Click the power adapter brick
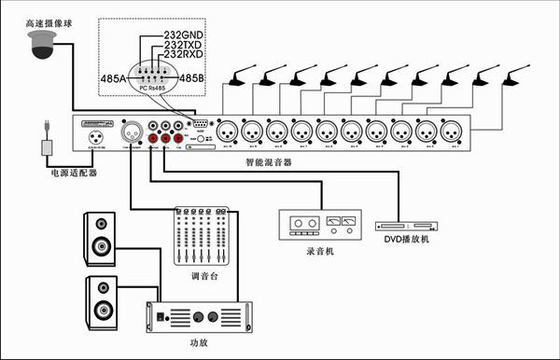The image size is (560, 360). (x=46, y=148)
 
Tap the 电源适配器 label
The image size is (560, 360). (x=74, y=173)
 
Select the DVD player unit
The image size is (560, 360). (x=407, y=226)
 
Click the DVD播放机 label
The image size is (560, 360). (x=408, y=240)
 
